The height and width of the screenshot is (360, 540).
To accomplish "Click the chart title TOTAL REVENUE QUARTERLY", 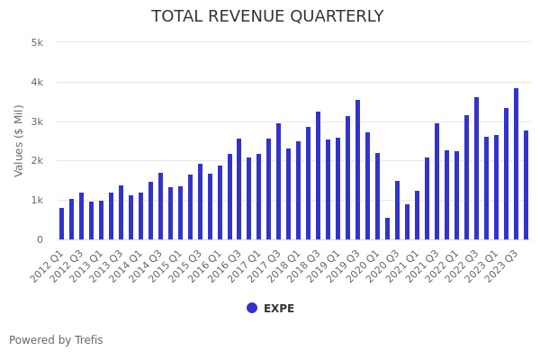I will click(267, 17).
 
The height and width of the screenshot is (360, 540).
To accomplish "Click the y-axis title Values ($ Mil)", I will click(19, 140).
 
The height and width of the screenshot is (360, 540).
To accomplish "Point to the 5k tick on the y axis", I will click(37, 42).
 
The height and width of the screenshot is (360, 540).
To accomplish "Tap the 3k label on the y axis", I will click(37, 121).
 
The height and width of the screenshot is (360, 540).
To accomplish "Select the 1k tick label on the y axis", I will click(37, 200).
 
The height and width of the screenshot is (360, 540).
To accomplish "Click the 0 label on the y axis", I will click(40, 239).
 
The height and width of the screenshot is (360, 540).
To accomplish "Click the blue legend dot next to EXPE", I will click(252, 308).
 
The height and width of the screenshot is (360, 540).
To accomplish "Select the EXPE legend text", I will click(279, 309).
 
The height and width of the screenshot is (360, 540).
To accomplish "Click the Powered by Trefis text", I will click(56, 340).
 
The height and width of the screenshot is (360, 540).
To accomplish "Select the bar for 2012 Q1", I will click(62, 224).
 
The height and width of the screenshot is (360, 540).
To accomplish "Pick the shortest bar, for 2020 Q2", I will click(388, 229).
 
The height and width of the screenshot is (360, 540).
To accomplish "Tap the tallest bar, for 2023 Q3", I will click(516, 164).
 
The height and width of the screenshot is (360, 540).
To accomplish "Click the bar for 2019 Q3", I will click(357, 170).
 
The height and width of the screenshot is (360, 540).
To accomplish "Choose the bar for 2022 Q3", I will click(476, 168).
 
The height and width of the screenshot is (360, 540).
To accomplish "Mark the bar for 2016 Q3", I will click(239, 189).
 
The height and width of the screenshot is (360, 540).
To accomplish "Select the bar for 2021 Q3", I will click(436, 182).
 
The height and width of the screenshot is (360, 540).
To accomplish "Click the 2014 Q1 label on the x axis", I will click(130, 266).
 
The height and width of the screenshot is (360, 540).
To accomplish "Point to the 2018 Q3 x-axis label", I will click(306, 266).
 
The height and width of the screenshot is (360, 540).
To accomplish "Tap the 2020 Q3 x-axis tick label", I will click(385, 266).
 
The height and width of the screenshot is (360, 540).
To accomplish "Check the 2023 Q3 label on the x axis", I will click(504, 266).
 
